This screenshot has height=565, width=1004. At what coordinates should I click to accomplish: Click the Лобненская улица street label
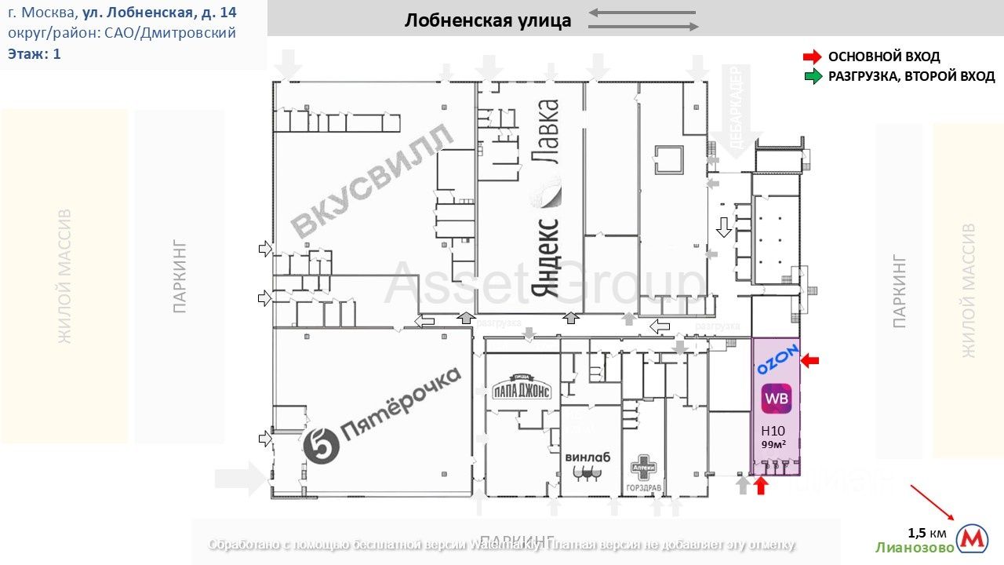(x=488, y=20)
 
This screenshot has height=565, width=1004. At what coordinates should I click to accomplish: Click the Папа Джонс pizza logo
(x=522, y=390)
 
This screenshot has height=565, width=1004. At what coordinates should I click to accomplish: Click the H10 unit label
(x=773, y=430)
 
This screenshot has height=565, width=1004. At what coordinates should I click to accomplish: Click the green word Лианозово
(x=915, y=548)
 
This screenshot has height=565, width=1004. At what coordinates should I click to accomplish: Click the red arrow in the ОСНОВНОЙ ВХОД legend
(x=812, y=56)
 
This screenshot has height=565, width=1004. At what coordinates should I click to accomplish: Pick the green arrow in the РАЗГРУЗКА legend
(x=812, y=76)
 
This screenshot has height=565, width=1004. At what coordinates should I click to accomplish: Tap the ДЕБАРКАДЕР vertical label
(x=735, y=110)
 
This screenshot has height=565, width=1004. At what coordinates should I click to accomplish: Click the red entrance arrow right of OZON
(x=809, y=360)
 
